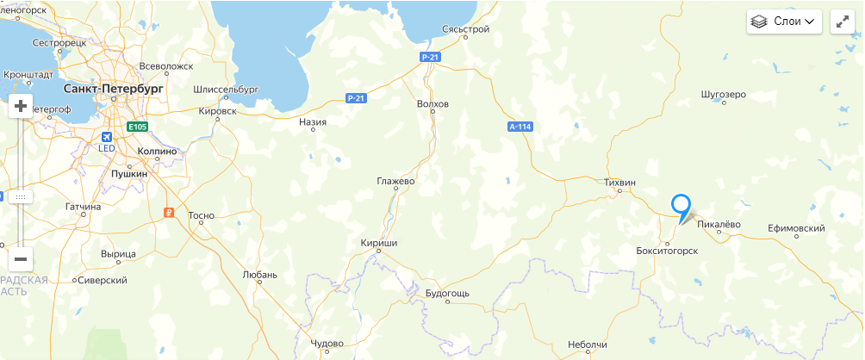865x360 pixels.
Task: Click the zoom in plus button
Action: click(x=21, y=106)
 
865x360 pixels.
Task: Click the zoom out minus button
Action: click(x=21, y=258)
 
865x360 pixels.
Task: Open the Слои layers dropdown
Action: click(x=784, y=22)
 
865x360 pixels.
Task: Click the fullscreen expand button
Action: click(x=842, y=22)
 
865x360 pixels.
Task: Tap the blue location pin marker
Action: click(x=681, y=207)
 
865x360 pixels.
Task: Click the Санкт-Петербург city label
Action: click(x=114, y=89)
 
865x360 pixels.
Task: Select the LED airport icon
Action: click(x=107, y=138)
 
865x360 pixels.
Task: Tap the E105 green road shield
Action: click(x=138, y=127)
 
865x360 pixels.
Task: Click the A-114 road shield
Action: click(x=520, y=127)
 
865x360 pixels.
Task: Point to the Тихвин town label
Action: click(x=619, y=183)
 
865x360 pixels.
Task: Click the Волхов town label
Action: click(x=432, y=104)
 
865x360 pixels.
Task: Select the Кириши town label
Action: click(x=379, y=244)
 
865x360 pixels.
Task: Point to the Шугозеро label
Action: click(x=724, y=93)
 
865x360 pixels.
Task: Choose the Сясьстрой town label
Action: click(x=465, y=29)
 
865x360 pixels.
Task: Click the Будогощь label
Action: click(x=448, y=293)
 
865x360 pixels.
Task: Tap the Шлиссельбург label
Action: click(x=227, y=89)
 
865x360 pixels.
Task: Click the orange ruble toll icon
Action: click(x=170, y=212)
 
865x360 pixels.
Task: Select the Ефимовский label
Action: click(x=797, y=228)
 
